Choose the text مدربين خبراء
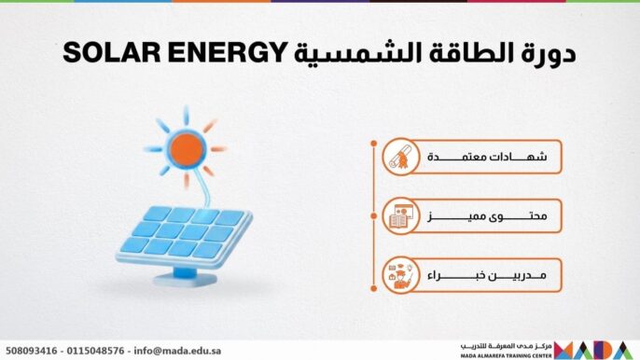click(486, 275)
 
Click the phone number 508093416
click(31, 351)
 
